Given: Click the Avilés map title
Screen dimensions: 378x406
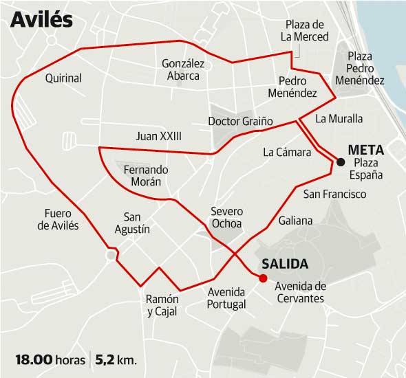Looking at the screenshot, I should (42, 21).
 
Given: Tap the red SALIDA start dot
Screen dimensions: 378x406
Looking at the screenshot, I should (262, 278).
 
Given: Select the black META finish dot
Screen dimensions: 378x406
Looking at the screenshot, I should (341, 162).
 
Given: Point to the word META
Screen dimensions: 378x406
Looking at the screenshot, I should (365, 149).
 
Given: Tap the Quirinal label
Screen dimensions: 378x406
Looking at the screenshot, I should (63, 78).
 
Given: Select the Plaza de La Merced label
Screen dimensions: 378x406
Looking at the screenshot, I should (306, 31).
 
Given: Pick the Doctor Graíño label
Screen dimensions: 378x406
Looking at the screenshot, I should (240, 122).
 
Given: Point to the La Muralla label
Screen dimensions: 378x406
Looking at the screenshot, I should (339, 118).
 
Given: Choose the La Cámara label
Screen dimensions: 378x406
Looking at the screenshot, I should (282, 152).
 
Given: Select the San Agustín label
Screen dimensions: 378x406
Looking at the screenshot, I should (132, 221).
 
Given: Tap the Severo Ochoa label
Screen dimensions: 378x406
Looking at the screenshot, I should (227, 218).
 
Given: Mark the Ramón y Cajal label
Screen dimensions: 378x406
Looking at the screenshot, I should (162, 305).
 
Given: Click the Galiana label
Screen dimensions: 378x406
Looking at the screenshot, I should (296, 221).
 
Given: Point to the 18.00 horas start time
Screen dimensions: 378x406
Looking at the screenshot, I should (50, 359).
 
